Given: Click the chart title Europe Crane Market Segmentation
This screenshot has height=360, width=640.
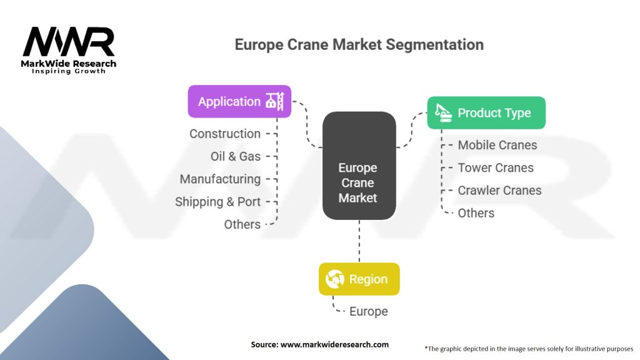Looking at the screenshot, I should [359, 45].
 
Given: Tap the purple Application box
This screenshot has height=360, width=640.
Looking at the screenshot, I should [239, 101].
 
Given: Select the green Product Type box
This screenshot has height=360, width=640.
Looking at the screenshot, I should [486, 113].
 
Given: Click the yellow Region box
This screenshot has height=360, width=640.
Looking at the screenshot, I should [359, 279].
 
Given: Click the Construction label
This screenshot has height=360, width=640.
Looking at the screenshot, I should [225, 134].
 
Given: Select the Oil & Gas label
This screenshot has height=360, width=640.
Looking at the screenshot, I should [236, 156].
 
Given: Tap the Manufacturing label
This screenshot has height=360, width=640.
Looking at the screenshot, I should [220, 179].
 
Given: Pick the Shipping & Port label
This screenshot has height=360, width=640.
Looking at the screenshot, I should [217, 202].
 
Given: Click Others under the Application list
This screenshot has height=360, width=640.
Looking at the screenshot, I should [242, 224].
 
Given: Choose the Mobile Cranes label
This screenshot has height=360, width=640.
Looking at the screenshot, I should [497, 145].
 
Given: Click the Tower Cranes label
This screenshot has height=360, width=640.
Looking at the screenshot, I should [496, 167].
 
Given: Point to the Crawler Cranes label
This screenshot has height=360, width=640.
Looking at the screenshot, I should [499, 191].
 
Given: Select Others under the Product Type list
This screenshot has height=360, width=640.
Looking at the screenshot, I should [476, 213].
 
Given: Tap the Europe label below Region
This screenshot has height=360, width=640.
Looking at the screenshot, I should [368, 311].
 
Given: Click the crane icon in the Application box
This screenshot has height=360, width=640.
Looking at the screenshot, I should [275, 101].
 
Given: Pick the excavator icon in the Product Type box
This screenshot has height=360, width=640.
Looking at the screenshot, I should [444, 112].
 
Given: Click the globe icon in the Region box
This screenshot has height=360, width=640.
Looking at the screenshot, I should [335, 279].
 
